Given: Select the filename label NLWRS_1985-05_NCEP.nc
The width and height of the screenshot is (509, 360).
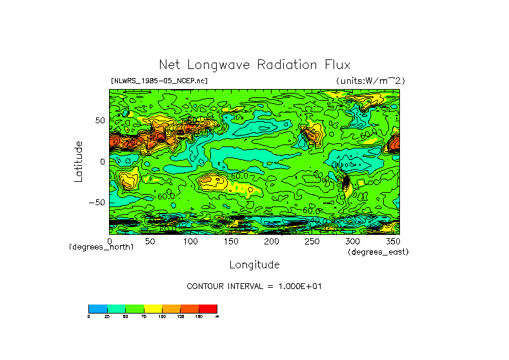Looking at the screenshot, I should click(x=159, y=81).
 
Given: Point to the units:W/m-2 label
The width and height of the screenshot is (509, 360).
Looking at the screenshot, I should click(x=370, y=81).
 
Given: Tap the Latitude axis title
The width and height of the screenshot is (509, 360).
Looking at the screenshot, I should click(x=79, y=161).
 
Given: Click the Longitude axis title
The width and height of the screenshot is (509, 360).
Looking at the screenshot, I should click(x=254, y=265).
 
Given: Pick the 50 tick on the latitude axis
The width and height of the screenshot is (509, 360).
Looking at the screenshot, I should click(x=100, y=121).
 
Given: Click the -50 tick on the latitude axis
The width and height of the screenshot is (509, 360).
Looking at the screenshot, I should click(x=98, y=202).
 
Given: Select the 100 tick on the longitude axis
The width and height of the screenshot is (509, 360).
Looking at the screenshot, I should click(x=190, y=241).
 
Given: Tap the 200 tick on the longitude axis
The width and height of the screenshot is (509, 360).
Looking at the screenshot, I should click(x=272, y=241).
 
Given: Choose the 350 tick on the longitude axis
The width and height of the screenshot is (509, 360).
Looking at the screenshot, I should click(x=392, y=241).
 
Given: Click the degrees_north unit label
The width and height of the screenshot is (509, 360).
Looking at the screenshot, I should click(x=101, y=248).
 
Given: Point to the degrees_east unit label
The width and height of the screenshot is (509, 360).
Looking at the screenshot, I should click(x=378, y=252).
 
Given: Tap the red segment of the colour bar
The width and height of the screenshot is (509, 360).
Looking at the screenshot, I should click(x=208, y=308).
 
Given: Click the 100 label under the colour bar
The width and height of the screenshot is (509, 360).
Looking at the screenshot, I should click(x=162, y=316).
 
